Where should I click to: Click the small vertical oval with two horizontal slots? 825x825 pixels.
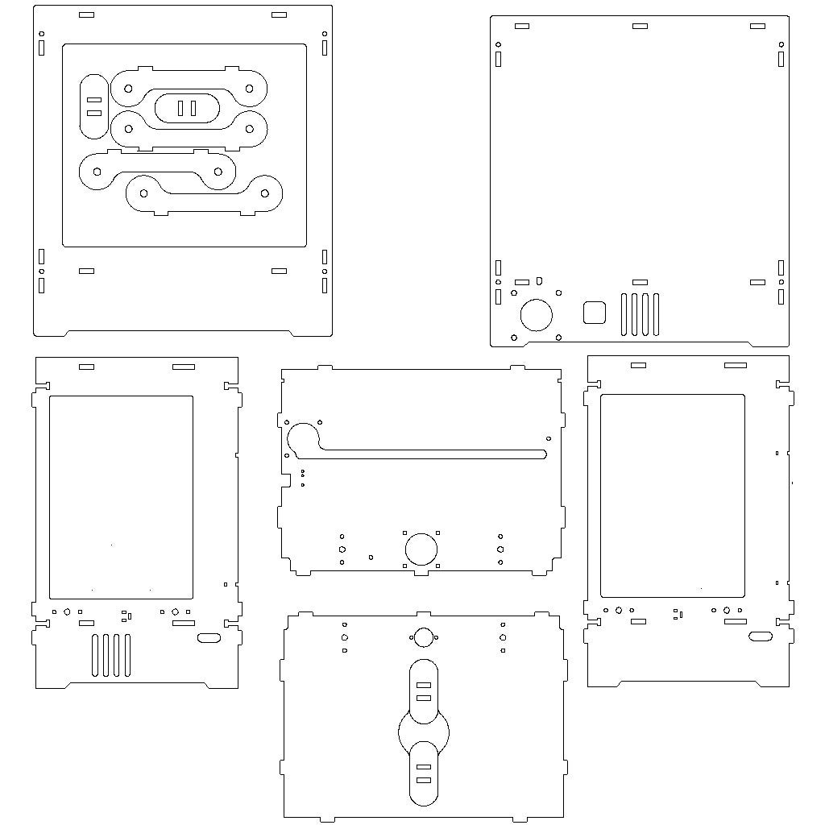pos(94,106)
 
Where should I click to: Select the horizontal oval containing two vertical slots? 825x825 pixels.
pos(187,108)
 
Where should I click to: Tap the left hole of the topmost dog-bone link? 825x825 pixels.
pos(128,88)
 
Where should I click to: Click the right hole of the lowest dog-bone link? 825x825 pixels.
pos(264,193)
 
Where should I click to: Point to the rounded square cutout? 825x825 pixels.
pos(595,313)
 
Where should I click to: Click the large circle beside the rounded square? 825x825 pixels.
pos(537,314)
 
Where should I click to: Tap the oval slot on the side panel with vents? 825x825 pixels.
pos(209,638)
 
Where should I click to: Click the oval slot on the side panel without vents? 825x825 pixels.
pos(761,636)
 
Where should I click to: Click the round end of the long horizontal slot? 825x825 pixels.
pos(304,438)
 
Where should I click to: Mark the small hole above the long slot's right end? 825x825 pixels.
pos(549,439)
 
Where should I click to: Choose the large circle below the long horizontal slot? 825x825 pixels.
pos(421,549)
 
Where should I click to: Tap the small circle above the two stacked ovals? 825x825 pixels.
pos(423,637)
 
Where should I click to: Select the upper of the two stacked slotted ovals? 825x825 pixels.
pos(424,691)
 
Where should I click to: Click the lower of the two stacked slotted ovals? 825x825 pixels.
pos(424,773)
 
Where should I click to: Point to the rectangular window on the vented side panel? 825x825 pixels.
pos(122,497)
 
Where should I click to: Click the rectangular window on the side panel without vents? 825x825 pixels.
pos(673,495)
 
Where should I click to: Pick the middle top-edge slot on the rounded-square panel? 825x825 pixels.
pos(640,26)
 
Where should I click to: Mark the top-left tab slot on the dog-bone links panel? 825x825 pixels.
pos(86,15)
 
